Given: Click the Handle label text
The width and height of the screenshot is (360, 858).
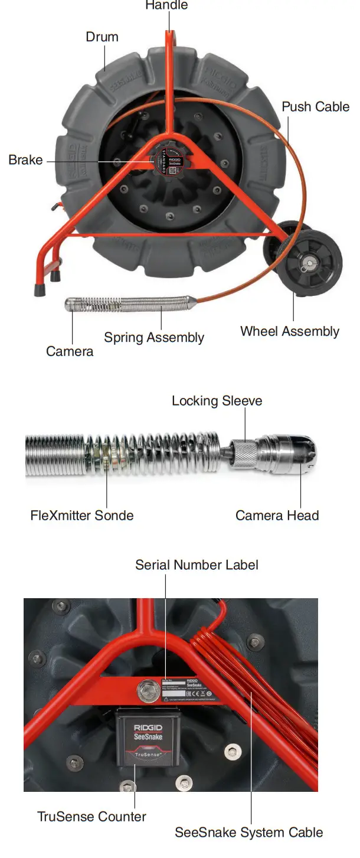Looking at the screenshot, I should click(x=167, y=5).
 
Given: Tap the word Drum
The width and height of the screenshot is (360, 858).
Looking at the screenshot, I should click(x=102, y=37).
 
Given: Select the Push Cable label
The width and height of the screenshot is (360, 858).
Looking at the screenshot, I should click(x=315, y=107).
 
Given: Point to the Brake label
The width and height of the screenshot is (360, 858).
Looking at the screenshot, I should click(x=25, y=160).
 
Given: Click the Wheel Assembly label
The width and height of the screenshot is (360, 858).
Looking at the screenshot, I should click(x=289, y=331).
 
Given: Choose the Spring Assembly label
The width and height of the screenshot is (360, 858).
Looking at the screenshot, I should click(x=154, y=338).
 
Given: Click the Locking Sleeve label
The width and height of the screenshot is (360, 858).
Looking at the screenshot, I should click(x=217, y=401).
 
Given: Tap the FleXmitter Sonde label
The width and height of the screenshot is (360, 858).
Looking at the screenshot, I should click(x=82, y=516).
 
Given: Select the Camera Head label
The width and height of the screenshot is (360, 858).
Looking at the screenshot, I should click(x=277, y=516).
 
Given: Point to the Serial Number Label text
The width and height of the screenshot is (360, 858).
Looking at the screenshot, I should click(x=197, y=565).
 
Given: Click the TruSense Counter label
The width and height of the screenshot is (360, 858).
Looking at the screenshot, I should click(x=91, y=817).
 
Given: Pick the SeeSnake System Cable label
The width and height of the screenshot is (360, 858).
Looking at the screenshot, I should click(x=248, y=833).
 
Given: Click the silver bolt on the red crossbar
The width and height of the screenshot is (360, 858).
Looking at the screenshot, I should click(x=145, y=689).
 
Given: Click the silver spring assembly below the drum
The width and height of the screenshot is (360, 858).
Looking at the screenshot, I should click(x=127, y=305).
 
